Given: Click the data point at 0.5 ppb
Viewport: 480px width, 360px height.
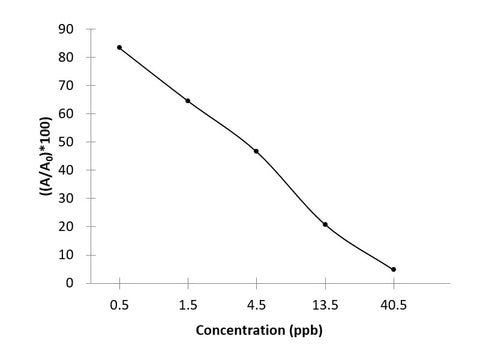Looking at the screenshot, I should (119, 47).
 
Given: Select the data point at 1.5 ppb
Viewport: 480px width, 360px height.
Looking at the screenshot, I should (188, 100).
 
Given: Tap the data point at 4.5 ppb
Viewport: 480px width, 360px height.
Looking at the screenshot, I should (256, 151).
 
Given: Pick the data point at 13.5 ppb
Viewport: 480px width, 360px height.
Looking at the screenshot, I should (325, 224).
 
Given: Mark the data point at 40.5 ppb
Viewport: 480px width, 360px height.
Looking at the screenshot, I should (393, 269).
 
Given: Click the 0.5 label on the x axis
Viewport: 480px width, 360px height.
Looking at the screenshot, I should (119, 300).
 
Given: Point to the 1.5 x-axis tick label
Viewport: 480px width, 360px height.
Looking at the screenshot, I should (188, 300).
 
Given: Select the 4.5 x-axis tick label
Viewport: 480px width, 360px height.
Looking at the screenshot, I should (256, 300).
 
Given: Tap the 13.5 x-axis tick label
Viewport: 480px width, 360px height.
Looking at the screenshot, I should (325, 300).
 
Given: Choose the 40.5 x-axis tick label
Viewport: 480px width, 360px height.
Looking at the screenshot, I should (393, 300).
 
